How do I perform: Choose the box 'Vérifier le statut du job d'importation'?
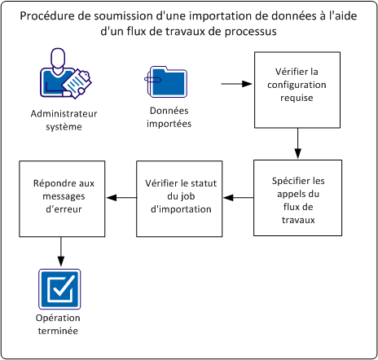click(x=178, y=197)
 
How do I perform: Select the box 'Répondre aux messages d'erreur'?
click(x=59, y=197)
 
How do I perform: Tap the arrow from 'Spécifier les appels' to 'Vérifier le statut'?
click(x=236, y=197)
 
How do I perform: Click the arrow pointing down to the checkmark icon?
click(x=59, y=250)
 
